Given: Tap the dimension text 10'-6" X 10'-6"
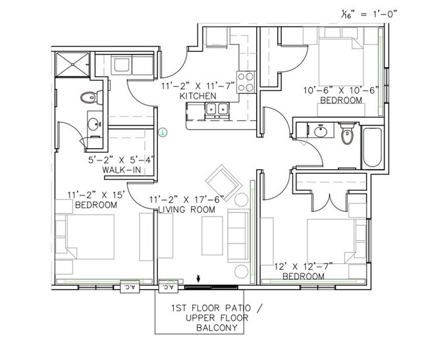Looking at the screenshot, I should (340, 90).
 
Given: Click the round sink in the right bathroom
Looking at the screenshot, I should (322, 131).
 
